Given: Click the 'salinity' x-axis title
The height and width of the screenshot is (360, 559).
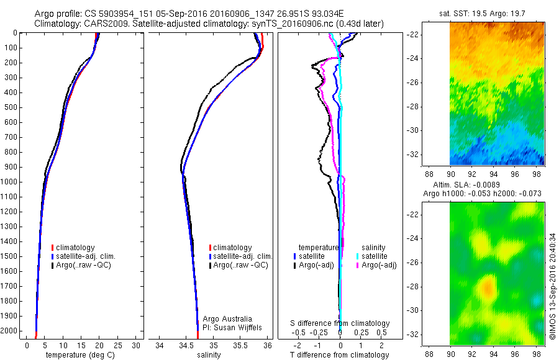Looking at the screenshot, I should [210, 355].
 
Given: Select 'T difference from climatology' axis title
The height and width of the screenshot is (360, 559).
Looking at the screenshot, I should [340, 355].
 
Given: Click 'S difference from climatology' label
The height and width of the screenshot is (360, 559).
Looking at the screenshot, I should [340, 323].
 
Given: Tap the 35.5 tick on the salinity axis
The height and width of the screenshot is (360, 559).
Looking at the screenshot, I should [240, 345].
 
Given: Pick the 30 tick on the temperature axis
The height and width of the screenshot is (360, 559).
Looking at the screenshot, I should [137, 345].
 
